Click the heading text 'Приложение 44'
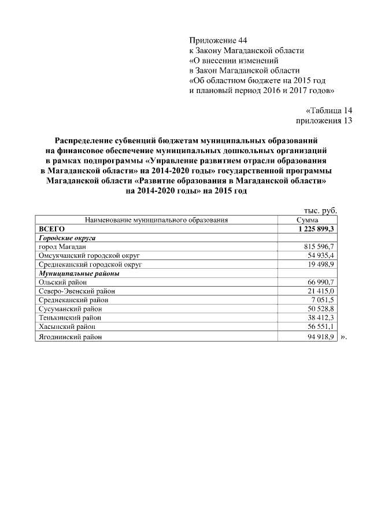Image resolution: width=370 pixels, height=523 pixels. click(218, 40)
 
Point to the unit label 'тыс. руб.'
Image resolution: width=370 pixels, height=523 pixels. click(320, 211)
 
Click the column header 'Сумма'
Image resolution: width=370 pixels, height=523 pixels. click(307, 220)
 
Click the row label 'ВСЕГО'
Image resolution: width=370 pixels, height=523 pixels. click(51, 229)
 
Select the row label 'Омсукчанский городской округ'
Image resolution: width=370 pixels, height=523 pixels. click(90, 255)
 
